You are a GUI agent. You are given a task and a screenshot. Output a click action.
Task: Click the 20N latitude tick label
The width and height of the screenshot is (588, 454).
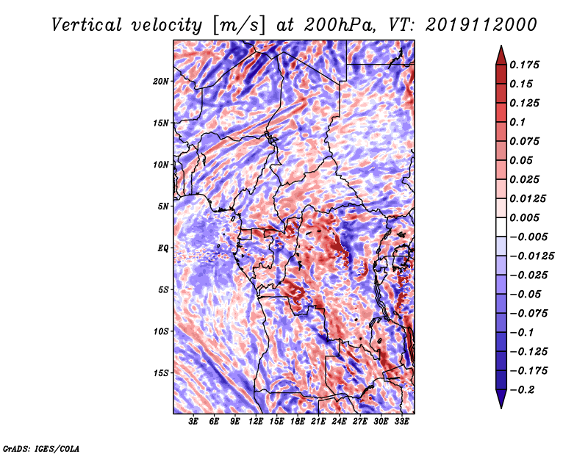point(161,81)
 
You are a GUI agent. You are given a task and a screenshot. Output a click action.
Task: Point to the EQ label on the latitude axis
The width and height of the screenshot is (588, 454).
point(163,248)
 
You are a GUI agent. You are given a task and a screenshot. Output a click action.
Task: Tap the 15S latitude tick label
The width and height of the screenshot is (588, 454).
point(161,373)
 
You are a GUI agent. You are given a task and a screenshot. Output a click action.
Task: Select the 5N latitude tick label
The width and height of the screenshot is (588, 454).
point(163,206)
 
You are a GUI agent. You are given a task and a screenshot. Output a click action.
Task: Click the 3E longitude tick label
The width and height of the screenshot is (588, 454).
point(193,421)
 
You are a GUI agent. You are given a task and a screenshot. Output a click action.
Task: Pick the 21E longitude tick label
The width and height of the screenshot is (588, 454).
point(318,421)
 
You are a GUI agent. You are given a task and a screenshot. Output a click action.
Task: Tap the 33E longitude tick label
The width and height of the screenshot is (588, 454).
point(401,421)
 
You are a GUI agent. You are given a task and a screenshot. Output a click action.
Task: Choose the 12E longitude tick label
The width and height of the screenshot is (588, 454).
point(256,421)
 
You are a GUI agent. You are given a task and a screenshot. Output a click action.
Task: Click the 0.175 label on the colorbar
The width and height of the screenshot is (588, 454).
point(524,65)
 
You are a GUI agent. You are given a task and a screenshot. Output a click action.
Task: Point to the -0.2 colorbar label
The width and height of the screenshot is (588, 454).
point(522,389)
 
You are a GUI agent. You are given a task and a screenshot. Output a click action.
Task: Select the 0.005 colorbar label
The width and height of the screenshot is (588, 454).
point(524,217)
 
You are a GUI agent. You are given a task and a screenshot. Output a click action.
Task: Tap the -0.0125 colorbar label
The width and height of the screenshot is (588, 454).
point(531,256)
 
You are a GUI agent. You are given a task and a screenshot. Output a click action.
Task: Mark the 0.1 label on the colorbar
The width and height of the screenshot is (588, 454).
point(517,122)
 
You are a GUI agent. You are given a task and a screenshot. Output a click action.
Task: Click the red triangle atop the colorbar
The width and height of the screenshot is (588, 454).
point(501,56)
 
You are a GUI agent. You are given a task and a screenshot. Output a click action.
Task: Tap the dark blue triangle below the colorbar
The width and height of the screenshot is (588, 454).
point(501,399)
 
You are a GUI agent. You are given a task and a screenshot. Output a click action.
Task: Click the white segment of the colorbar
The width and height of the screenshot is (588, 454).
point(501,227)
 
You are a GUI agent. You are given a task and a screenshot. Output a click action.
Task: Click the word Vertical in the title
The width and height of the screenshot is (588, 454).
point(86,25)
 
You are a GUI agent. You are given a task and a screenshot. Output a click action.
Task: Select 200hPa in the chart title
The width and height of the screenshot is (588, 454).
point(339,25)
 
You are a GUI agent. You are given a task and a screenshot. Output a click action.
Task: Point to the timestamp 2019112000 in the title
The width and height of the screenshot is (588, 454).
point(481,25)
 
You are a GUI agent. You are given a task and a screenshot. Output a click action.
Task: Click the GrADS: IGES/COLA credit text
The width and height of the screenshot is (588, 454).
point(41,448)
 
